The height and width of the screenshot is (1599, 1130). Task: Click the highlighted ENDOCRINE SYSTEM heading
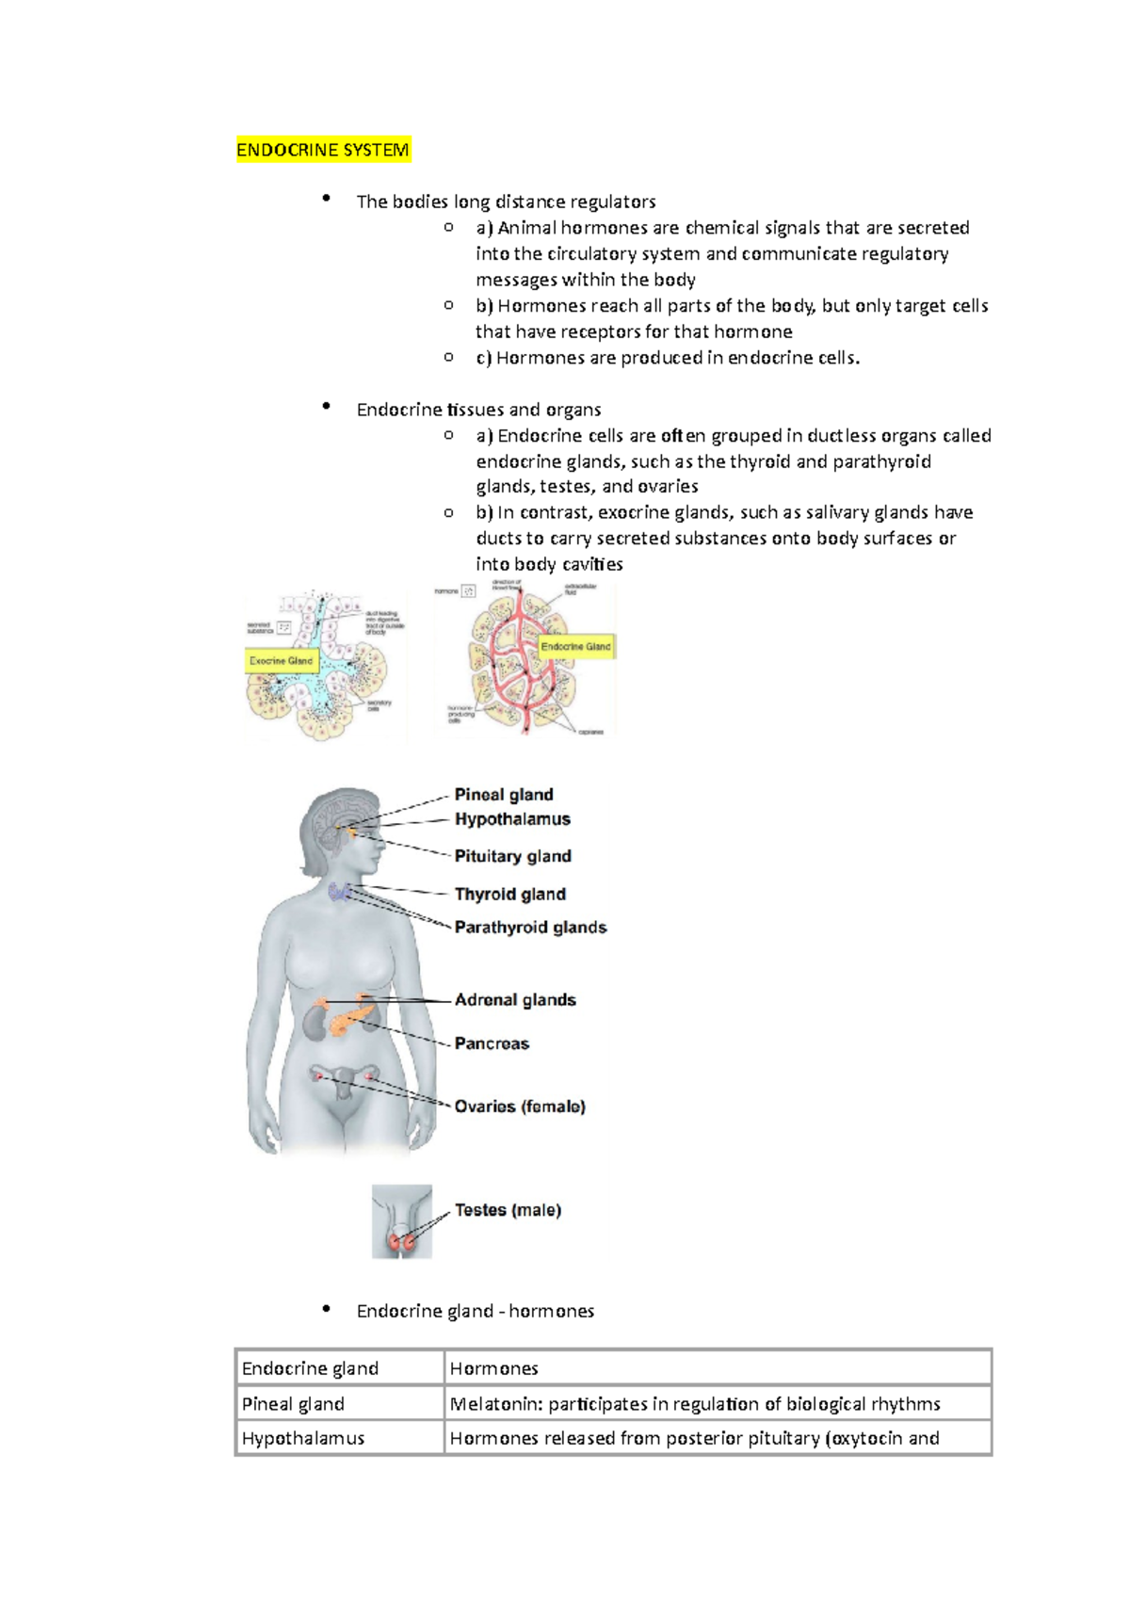pos(322,151)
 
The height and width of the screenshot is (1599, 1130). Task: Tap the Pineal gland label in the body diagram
pos(504,795)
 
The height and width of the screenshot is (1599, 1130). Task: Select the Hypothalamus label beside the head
pos(512,819)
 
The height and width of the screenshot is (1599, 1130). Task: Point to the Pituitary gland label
pos(512,856)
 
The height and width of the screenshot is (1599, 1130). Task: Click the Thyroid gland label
pos(509,894)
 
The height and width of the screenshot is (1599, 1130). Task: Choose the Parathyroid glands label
pos(530,928)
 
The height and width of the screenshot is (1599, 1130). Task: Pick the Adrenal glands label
pos(515,1000)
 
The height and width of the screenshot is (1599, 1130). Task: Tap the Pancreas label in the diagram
pos(492,1043)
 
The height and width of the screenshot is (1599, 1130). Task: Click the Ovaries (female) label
pos(520,1106)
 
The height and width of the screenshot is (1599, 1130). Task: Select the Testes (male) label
pos(508,1210)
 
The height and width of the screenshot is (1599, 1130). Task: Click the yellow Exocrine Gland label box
pos(281,661)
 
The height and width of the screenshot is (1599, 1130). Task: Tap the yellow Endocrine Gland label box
pos(575,647)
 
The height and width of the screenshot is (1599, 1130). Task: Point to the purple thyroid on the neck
pos(340,891)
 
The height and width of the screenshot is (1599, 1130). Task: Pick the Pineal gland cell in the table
pos(293,1404)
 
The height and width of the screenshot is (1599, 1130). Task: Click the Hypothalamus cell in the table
pos(302,1439)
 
